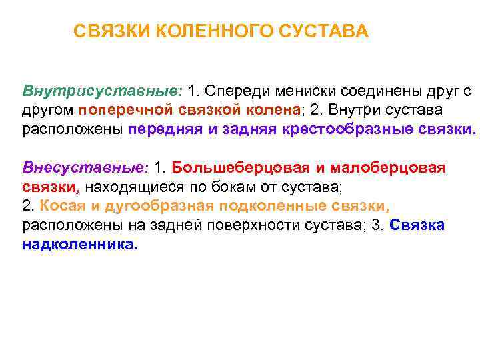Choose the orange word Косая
tap(59, 205)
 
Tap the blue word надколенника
tap(79, 244)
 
